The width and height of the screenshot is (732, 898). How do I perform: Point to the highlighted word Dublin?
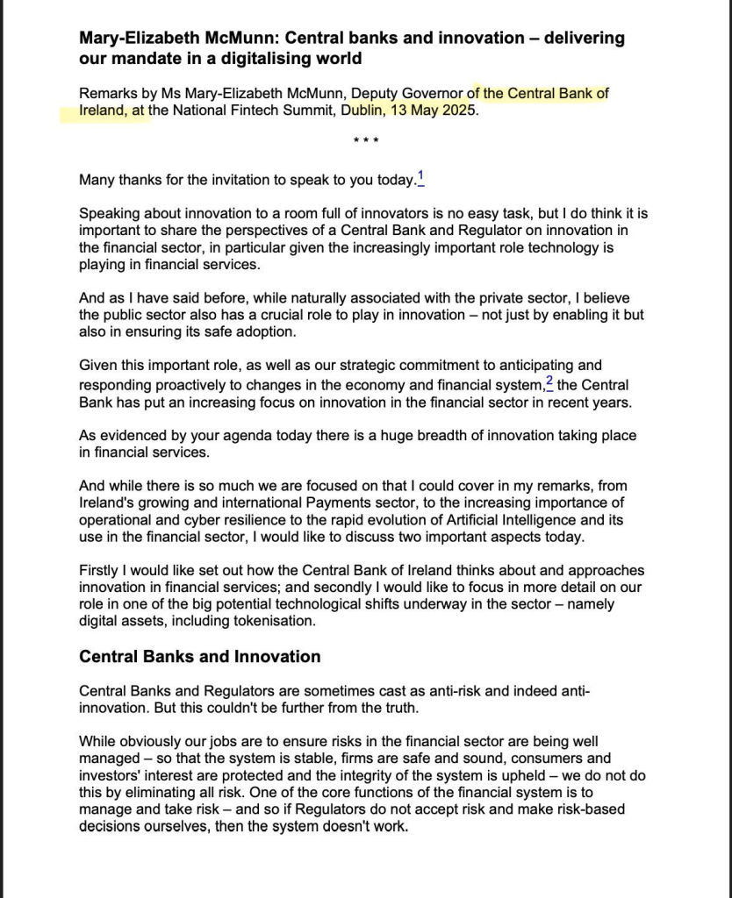click(x=362, y=111)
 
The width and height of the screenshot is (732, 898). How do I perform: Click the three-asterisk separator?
click(x=365, y=142)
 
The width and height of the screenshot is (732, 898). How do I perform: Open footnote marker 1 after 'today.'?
click(x=420, y=178)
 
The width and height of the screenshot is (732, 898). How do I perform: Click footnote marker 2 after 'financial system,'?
click(x=549, y=382)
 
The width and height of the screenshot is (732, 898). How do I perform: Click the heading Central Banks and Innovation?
click(x=200, y=656)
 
